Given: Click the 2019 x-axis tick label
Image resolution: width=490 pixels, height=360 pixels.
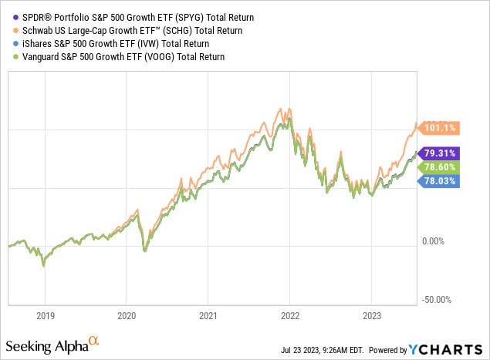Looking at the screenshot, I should (x=46, y=315).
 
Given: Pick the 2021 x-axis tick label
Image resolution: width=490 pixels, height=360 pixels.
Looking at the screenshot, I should (x=208, y=315).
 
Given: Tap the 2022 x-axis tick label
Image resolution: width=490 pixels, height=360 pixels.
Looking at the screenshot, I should (x=289, y=315).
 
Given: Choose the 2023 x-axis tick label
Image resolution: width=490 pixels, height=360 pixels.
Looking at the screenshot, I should (x=371, y=315).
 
